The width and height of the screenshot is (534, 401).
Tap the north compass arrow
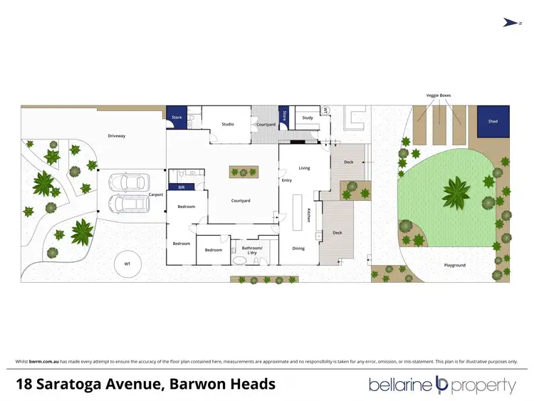(509, 23)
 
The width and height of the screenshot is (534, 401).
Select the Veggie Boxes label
(439, 95)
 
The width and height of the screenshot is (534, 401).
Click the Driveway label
(117, 135)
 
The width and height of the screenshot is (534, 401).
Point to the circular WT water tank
(127, 264)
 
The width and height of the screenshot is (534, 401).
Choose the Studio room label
(227, 125)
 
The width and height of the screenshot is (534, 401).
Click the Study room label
(307, 118)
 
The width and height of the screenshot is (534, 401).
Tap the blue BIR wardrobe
(182, 187)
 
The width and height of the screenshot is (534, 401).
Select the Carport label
(156, 194)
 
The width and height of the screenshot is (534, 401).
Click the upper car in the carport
(128, 182)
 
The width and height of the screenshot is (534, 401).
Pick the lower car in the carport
(128, 205)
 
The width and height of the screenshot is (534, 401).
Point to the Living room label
(304, 168)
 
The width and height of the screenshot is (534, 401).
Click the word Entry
(287, 180)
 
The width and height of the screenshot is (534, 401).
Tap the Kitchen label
(309, 215)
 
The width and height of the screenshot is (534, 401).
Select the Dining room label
(298, 249)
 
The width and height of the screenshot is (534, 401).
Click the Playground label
(454, 265)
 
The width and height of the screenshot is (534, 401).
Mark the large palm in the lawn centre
(456, 192)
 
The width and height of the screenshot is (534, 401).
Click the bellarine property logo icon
(441, 385)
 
